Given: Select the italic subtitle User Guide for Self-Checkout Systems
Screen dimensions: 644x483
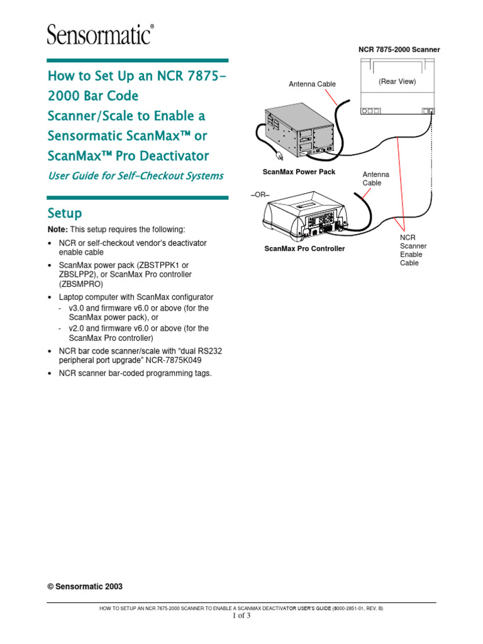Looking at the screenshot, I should pyautogui.click(x=136, y=176).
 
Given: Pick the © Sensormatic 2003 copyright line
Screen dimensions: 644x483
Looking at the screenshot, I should pyautogui.click(x=85, y=586).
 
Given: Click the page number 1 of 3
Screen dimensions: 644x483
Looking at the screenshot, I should pyautogui.click(x=241, y=616).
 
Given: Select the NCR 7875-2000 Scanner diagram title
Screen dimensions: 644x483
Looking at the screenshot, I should pyautogui.click(x=399, y=49).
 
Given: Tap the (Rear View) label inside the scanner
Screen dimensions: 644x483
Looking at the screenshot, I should pyautogui.click(x=397, y=81).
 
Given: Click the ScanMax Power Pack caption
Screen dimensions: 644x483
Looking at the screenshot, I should pyautogui.click(x=299, y=172).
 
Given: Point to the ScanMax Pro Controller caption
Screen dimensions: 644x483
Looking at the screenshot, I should pyautogui.click(x=304, y=248).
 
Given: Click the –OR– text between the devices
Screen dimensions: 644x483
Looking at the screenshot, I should pyautogui.click(x=260, y=195).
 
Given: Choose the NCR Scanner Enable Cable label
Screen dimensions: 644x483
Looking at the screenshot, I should pyautogui.click(x=412, y=250).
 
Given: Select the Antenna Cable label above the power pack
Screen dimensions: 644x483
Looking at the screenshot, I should pyautogui.click(x=312, y=84).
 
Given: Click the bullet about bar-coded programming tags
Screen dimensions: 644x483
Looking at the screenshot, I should pyautogui.click(x=135, y=373).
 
